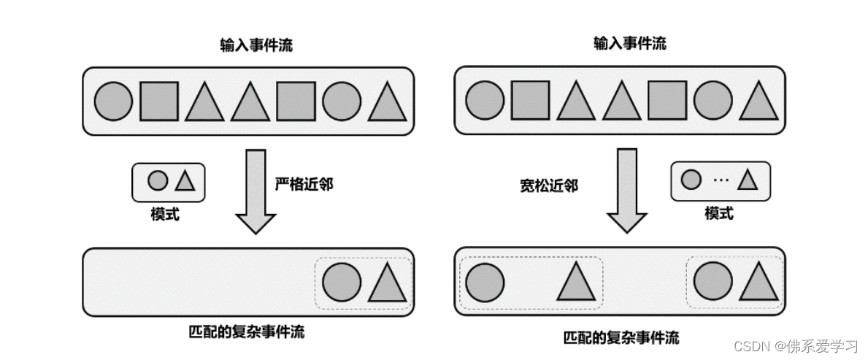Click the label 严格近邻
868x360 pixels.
point(304,185)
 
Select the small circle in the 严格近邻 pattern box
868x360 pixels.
point(158,180)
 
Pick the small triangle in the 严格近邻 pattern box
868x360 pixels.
point(185,181)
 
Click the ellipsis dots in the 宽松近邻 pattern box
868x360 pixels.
point(720,179)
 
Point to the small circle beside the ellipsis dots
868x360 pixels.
point(691,179)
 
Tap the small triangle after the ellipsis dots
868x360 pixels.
point(748,180)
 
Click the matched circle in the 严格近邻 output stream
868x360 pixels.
point(342,283)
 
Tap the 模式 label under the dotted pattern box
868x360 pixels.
point(719,213)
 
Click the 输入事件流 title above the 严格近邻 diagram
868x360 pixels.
point(256,45)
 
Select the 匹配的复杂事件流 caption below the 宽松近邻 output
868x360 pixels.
point(621,337)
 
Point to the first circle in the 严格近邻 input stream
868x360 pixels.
point(114,101)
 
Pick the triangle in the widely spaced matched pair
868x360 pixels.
point(576,283)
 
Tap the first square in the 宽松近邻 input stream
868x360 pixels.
point(529,101)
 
